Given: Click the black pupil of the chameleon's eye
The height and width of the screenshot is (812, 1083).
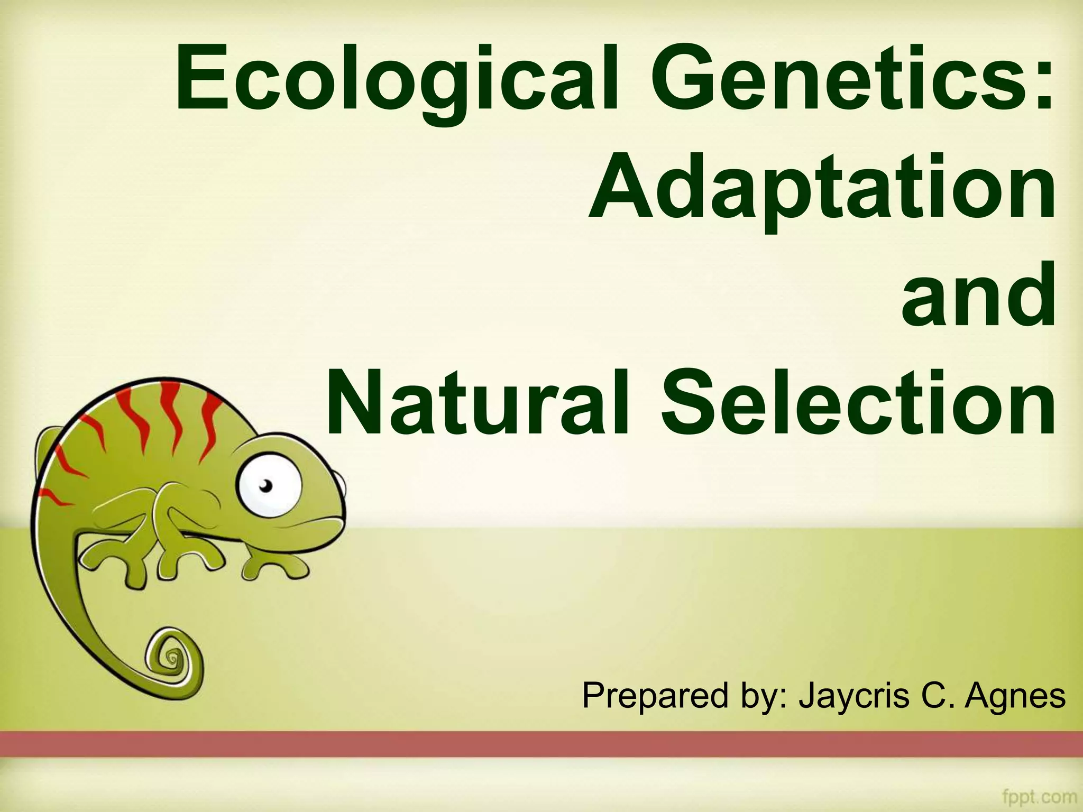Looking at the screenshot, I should pyautogui.click(x=267, y=485).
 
